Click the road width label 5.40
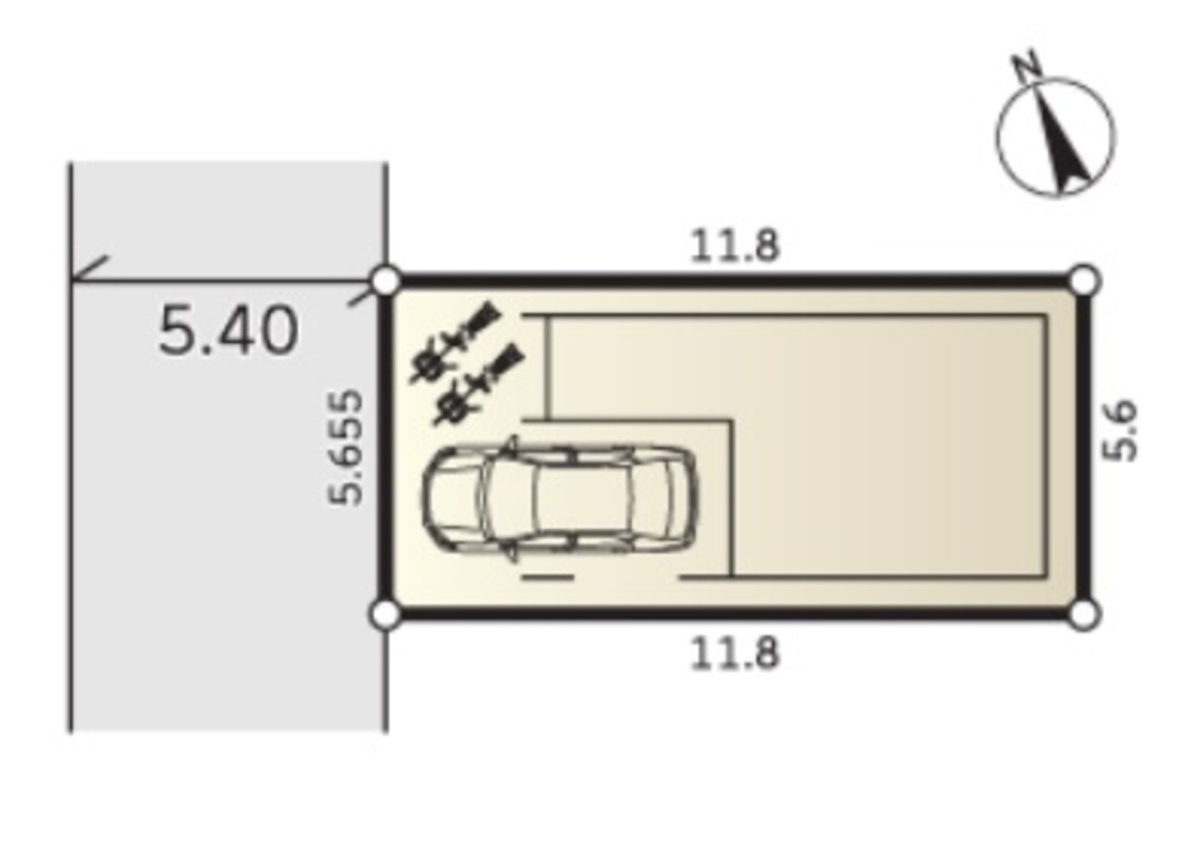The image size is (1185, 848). [228, 331]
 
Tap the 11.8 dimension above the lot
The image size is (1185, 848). [735, 246]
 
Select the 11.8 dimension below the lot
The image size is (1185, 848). [735, 654]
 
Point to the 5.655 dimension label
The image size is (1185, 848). [345, 447]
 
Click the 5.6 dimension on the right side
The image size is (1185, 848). [1119, 431]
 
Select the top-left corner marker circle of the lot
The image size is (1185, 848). [386, 281]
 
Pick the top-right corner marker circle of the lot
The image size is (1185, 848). [1083, 281]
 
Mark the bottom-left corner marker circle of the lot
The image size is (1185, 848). [386, 615]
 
